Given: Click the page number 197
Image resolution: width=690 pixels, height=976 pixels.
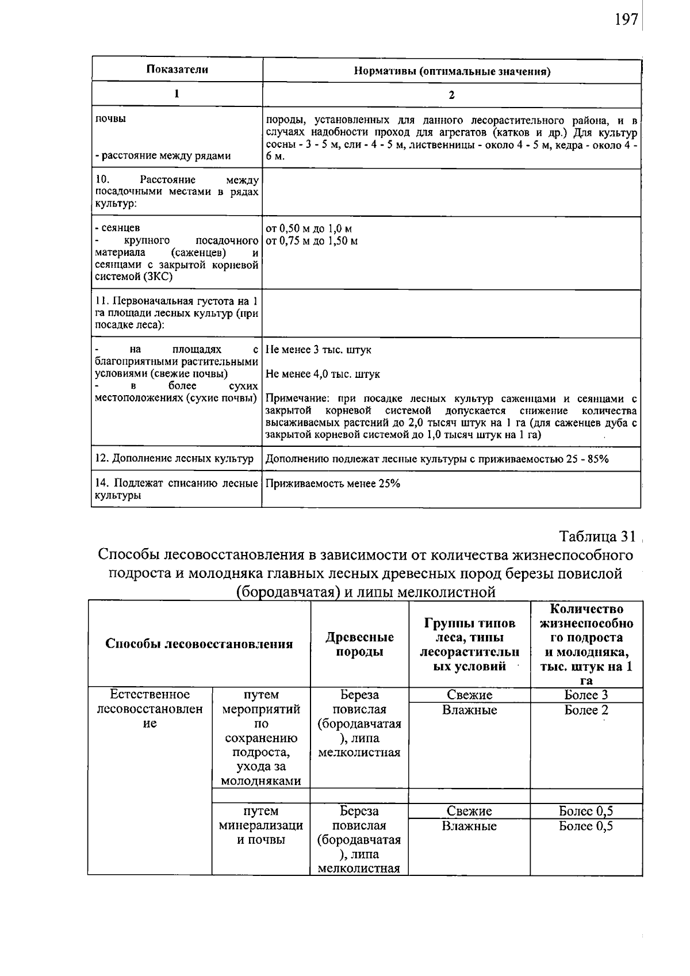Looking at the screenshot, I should point(626,20).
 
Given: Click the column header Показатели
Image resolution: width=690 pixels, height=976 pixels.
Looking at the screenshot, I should point(177,70).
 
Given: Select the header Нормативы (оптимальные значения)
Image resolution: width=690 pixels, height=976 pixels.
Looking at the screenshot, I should point(451,72).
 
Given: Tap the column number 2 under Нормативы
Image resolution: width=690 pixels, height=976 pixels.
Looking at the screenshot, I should point(451,95).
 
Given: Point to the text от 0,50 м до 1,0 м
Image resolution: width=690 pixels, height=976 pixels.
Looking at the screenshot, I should point(309,228).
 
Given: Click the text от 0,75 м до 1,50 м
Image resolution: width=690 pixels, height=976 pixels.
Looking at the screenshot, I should point(311,240).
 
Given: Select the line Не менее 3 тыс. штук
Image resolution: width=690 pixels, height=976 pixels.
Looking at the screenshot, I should point(319,350).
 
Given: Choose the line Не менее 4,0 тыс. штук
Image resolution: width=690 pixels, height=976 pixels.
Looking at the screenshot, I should point(323,374).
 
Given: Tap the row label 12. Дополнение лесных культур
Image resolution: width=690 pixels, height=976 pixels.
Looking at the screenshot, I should point(174,458).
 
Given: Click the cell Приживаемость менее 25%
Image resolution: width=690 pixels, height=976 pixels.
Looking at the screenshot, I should point(333,483).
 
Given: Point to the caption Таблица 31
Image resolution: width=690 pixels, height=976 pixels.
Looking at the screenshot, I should point(597,536).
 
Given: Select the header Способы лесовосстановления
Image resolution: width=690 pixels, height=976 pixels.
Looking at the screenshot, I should point(199,644).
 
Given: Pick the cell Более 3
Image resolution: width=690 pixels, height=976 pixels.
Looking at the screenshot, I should point(586,695).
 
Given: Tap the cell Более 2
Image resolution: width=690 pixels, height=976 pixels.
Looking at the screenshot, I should point(586,710).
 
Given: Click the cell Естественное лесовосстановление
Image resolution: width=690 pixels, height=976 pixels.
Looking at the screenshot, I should point(149,709).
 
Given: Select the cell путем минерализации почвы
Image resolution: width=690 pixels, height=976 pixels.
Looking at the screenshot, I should point(261,825).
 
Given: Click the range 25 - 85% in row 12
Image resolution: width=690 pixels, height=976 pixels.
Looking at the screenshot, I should point(586,458).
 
